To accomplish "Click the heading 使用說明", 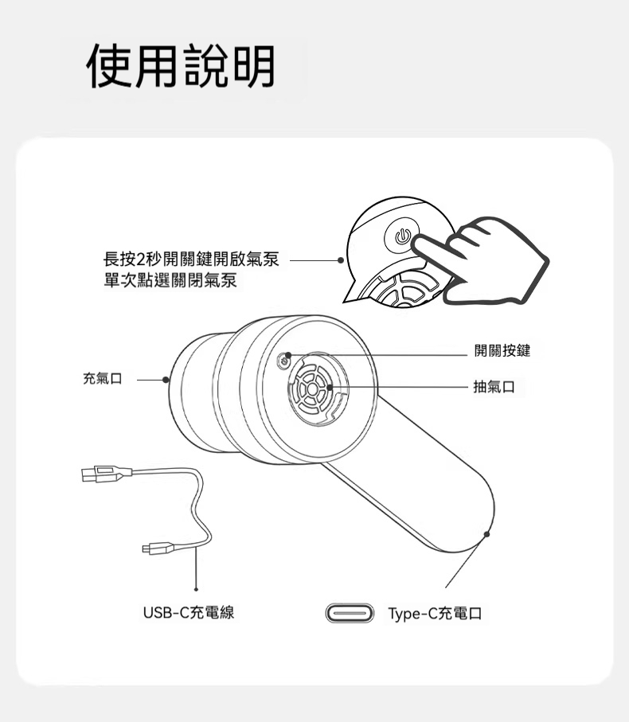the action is pyautogui.click(x=181, y=66).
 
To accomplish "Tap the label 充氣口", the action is pyautogui.click(x=102, y=379).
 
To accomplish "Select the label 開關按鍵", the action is pyautogui.click(x=502, y=351).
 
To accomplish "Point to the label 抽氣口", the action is pyautogui.click(x=494, y=387).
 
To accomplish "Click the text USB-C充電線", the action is pyautogui.click(x=189, y=613).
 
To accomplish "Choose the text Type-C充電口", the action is pyautogui.click(x=435, y=614).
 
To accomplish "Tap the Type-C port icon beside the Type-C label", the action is pyautogui.click(x=350, y=613).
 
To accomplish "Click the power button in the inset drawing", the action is pyautogui.click(x=402, y=236).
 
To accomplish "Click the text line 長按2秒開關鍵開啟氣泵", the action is pyautogui.click(x=191, y=260).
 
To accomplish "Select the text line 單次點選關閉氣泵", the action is pyautogui.click(x=170, y=280).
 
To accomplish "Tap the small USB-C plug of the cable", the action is pyautogui.click(x=158, y=548).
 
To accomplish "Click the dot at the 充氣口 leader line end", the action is pyautogui.click(x=166, y=380).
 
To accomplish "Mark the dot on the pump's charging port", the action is pyautogui.click(x=486, y=534).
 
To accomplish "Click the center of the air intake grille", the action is pyautogui.click(x=312, y=389).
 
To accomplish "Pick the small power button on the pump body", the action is pyautogui.click(x=284, y=362).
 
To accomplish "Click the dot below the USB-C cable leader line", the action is pyautogui.click(x=196, y=589).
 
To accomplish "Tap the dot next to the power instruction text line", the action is pyautogui.click(x=341, y=260).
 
